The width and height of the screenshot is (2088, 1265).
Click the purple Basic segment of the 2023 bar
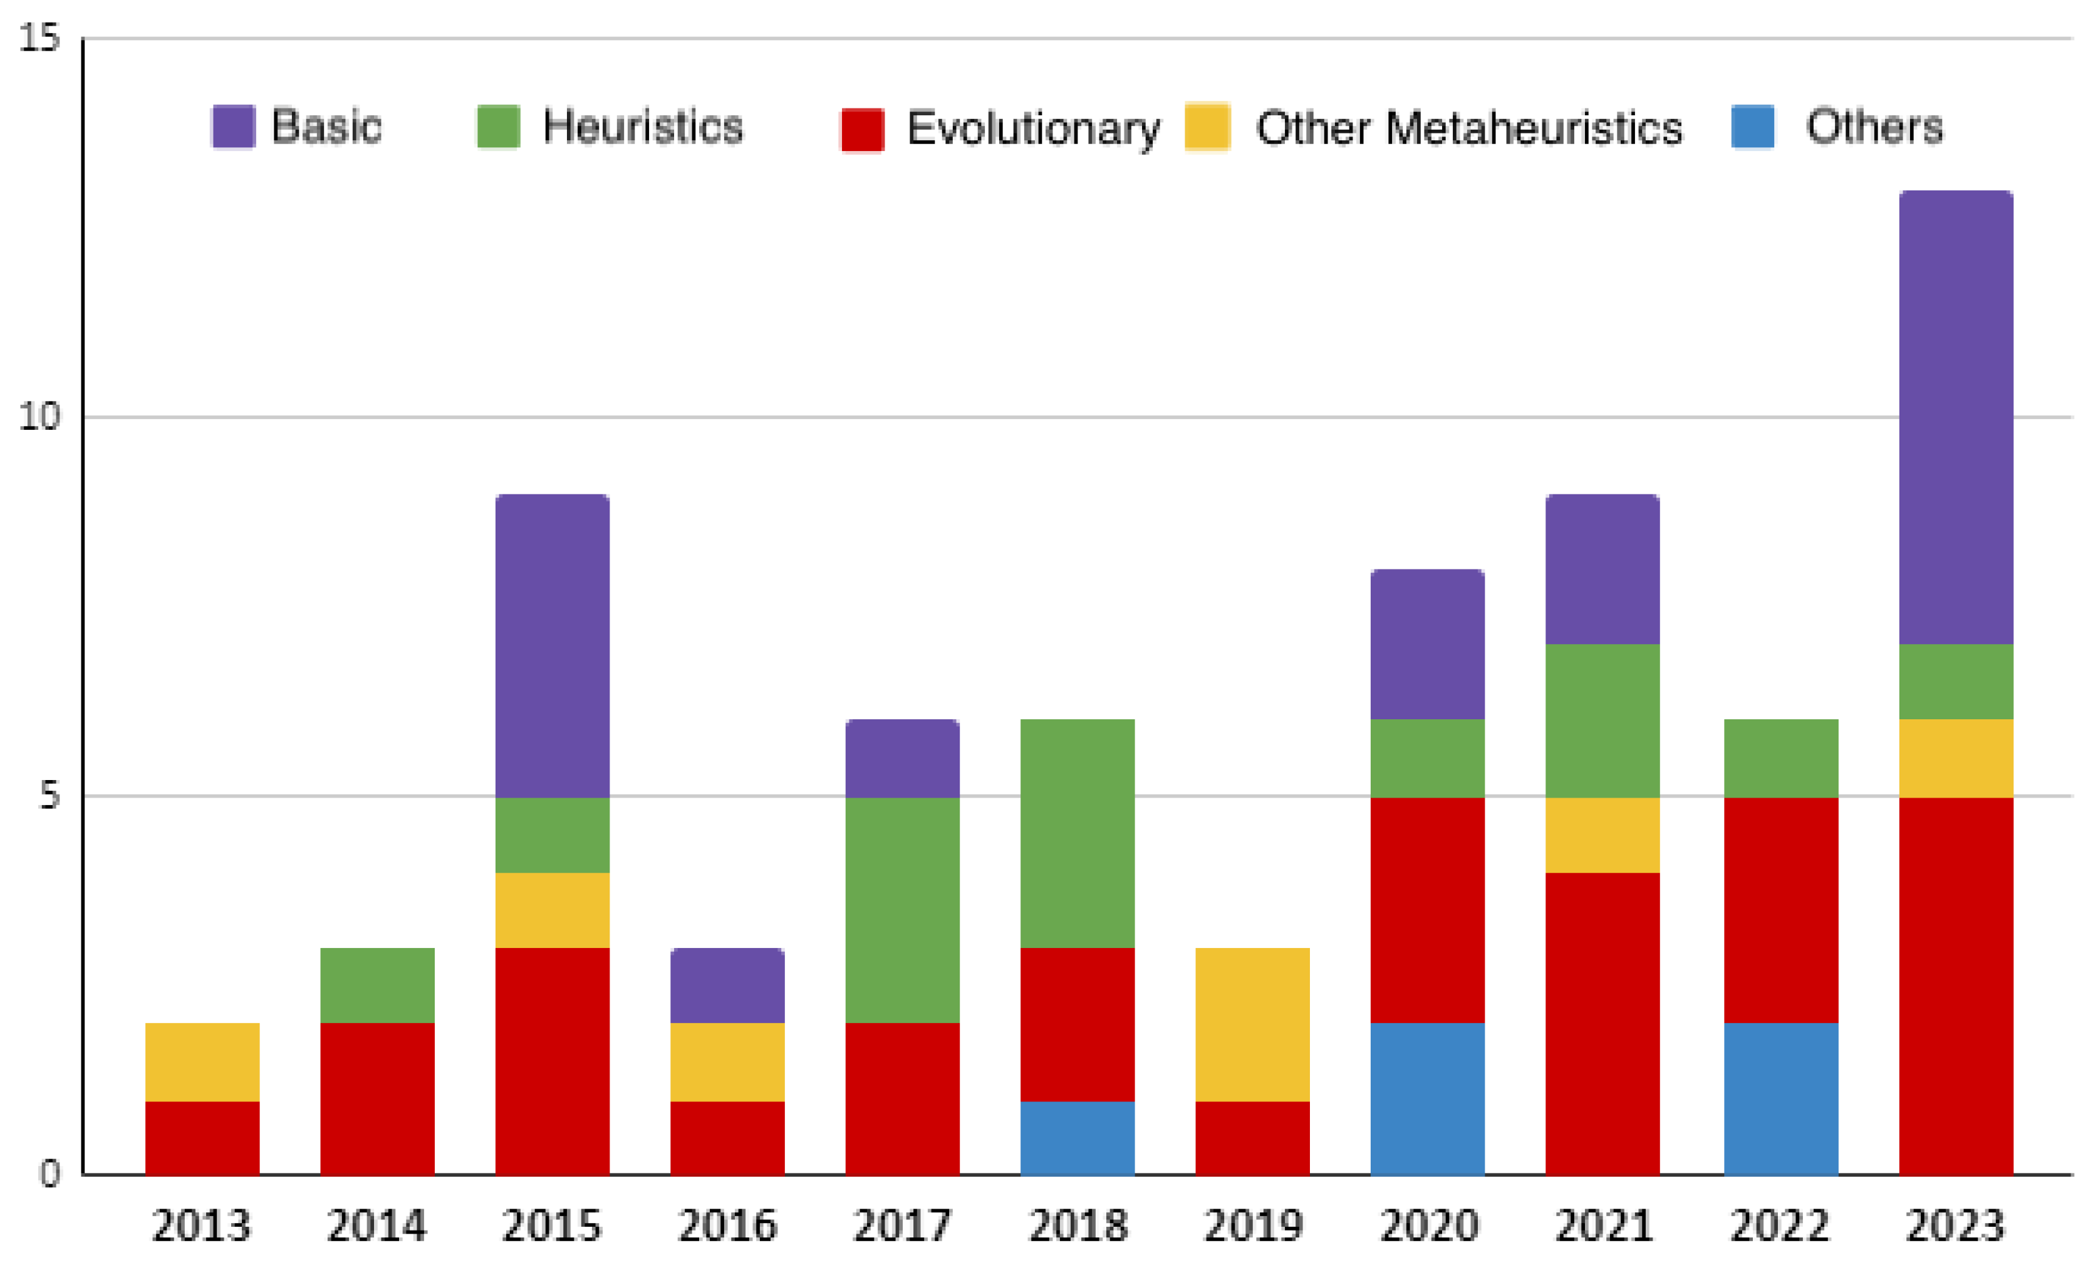[1956, 417]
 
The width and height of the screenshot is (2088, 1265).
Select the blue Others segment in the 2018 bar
[1077, 1138]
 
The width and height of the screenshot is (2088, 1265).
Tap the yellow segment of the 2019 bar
[1252, 1024]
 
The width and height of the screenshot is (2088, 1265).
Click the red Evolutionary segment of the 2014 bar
[377, 1098]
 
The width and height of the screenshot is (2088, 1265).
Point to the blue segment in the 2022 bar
[1780, 1098]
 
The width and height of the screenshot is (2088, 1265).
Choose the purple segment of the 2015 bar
[553, 645]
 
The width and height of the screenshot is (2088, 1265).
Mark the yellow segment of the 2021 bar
[1602, 835]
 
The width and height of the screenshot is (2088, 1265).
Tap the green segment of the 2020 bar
[1427, 758]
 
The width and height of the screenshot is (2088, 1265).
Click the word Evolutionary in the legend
[1033, 129]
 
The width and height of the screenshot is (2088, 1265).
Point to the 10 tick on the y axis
[40, 417]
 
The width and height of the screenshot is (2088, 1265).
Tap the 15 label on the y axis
[40, 38]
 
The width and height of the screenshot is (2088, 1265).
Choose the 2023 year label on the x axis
[1956, 1225]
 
